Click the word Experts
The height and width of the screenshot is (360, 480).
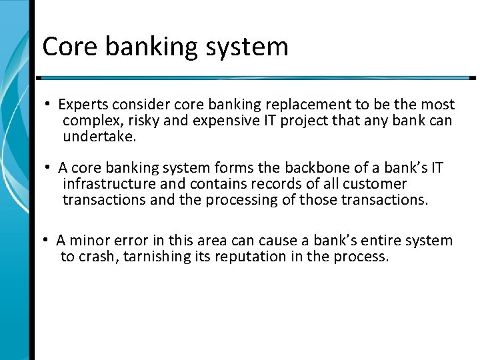click(x=83, y=105)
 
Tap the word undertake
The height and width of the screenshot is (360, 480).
click(x=99, y=138)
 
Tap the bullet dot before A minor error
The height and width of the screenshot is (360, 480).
click(x=49, y=241)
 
